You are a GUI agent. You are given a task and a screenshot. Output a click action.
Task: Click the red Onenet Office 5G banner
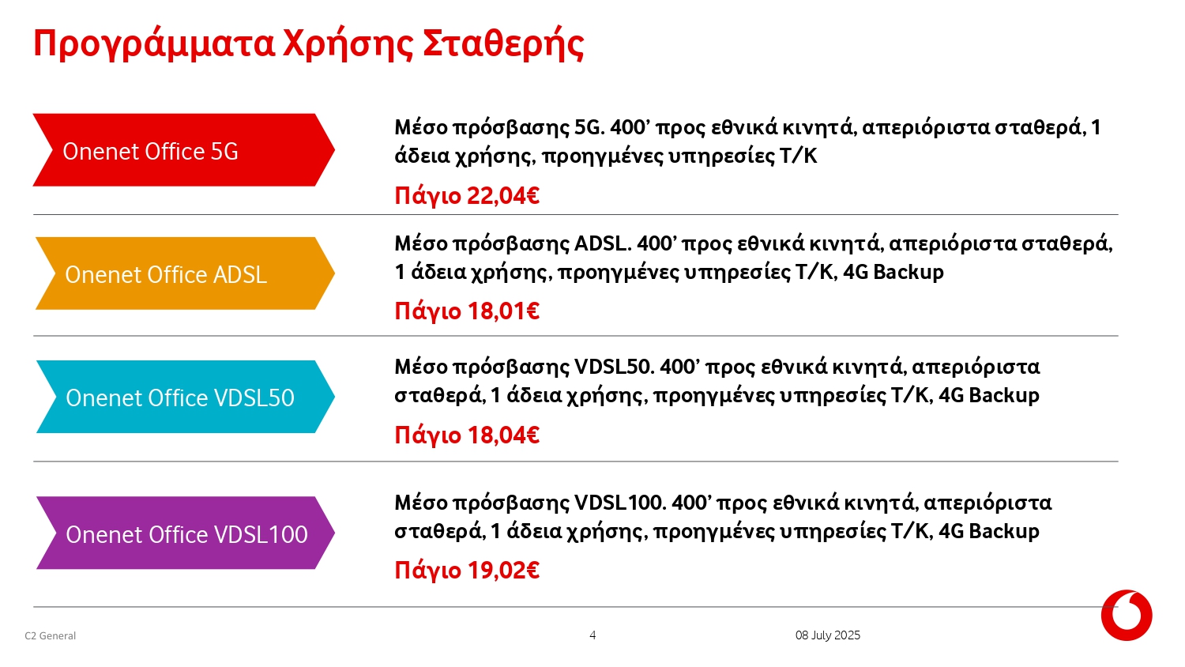click(x=183, y=150)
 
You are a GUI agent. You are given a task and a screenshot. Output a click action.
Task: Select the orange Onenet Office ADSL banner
click(x=185, y=273)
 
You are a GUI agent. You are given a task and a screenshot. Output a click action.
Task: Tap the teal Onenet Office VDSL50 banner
click(x=186, y=397)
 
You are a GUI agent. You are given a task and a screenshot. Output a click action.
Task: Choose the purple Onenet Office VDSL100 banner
click(x=186, y=533)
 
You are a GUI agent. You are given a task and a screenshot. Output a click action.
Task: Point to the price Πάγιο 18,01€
click(x=467, y=311)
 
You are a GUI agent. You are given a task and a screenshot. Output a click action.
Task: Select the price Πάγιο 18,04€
click(x=467, y=435)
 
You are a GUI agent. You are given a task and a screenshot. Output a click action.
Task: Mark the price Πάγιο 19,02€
click(x=467, y=571)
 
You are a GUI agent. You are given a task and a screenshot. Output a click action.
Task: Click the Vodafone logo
click(x=1127, y=615)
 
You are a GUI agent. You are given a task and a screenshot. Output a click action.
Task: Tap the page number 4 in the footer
click(x=592, y=635)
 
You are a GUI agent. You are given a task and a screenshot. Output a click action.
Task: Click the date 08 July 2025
click(x=828, y=635)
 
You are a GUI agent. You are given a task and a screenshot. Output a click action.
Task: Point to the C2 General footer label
click(x=51, y=635)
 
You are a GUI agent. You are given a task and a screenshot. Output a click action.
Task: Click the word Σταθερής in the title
click(x=503, y=44)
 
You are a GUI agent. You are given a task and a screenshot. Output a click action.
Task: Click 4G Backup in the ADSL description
click(x=893, y=272)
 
